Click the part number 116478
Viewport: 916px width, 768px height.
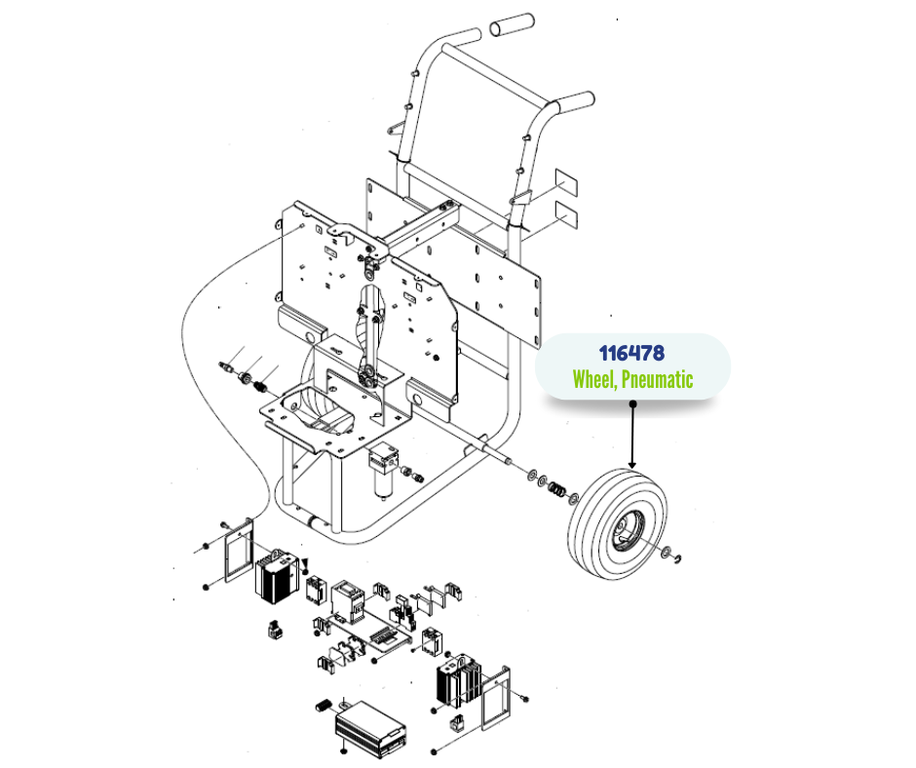[x=632, y=353]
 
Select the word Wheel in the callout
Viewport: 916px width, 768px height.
[x=592, y=379]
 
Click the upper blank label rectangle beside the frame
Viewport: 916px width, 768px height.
[x=567, y=182]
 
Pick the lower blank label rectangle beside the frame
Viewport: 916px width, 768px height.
[x=567, y=213]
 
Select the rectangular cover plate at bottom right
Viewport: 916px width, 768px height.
[x=496, y=697]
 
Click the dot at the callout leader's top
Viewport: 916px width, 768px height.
[x=632, y=403]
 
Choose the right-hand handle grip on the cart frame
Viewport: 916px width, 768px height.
[x=575, y=101]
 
